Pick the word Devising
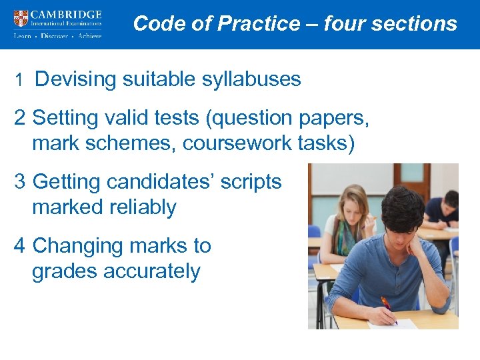click(x=75, y=79)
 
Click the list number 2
click(x=20, y=118)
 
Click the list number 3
click(x=20, y=182)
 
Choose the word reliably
click(x=138, y=207)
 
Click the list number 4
click(x=20, y=246)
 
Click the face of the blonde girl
click(x=352, y=204)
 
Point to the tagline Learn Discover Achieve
click(x=57, y=36)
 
